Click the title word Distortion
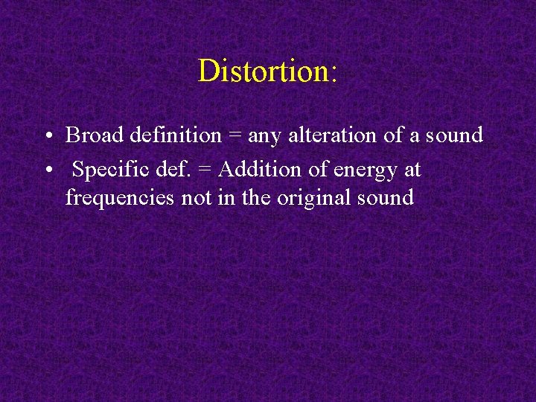[x=264, y=71]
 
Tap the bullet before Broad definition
[x=47, y=136]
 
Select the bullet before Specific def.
[x=47, y=170]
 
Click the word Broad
[x=95, y=135]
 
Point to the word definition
[x=176, y=135]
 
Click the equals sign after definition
[x=234, y=136]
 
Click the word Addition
[x=261, y=170]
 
